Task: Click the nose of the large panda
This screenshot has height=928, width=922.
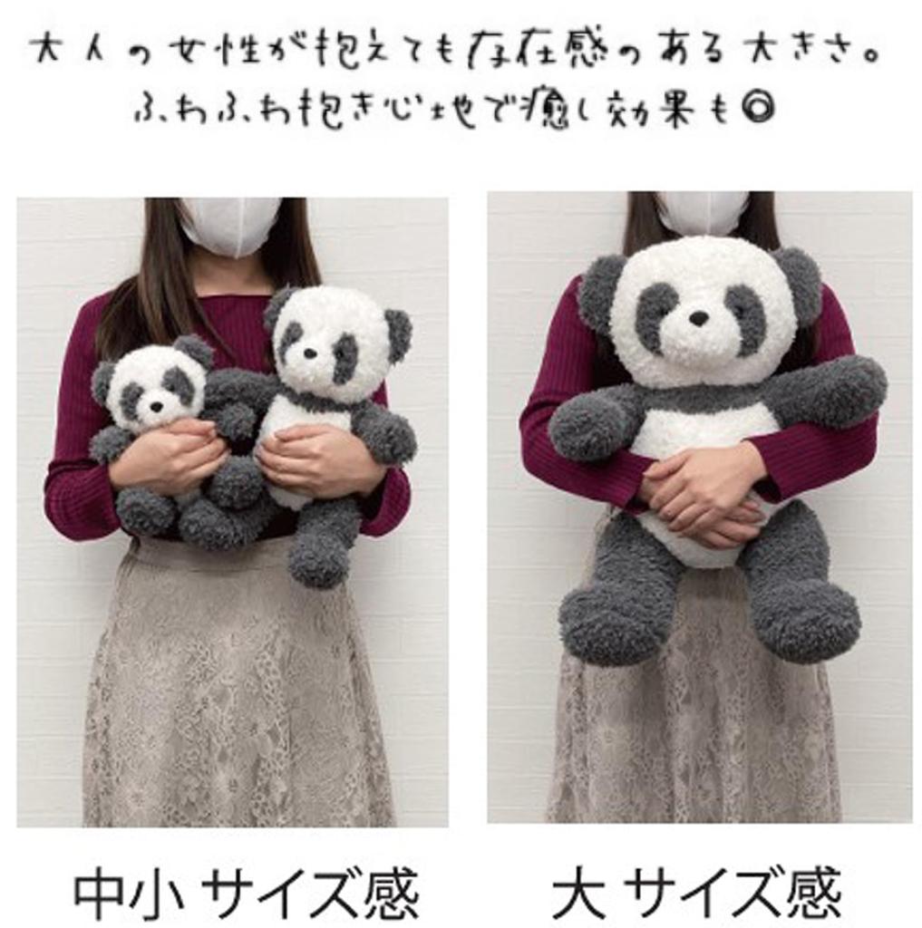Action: [698, 318]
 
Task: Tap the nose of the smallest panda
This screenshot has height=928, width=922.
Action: [156, 407]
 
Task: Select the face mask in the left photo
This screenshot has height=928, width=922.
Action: [228, 226]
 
